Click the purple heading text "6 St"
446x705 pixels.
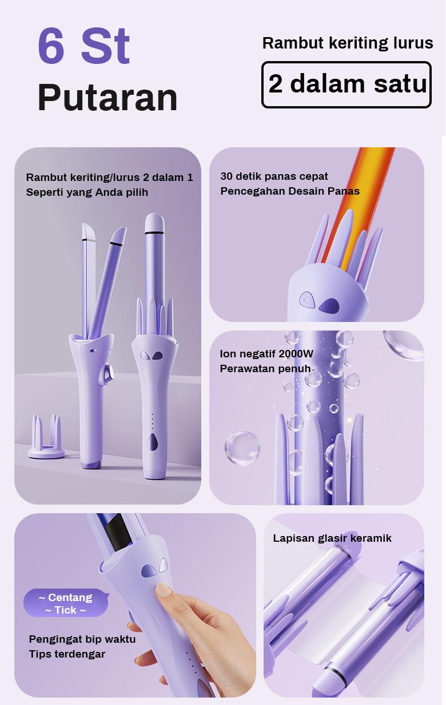click(83, 46)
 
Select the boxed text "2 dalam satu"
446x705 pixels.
click(347, 84)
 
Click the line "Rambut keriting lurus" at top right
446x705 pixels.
click(348, 43)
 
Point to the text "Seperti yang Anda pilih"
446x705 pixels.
click(87, 192)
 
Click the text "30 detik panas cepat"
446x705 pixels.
click(274, 176)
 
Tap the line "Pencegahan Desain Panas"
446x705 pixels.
click(290, 191)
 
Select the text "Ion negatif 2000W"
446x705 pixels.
click(266, 354)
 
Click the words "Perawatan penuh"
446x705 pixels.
click(265, 369)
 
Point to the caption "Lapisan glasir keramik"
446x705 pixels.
click(332, 538)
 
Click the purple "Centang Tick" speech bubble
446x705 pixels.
click(66, 603)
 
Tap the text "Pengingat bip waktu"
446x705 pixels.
click(82, 639)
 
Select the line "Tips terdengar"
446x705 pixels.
click(67, 654)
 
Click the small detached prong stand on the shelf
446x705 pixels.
click(46, 437)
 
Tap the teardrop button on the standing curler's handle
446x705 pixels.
click(153, 442)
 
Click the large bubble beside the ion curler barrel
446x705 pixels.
click(242, 448)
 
